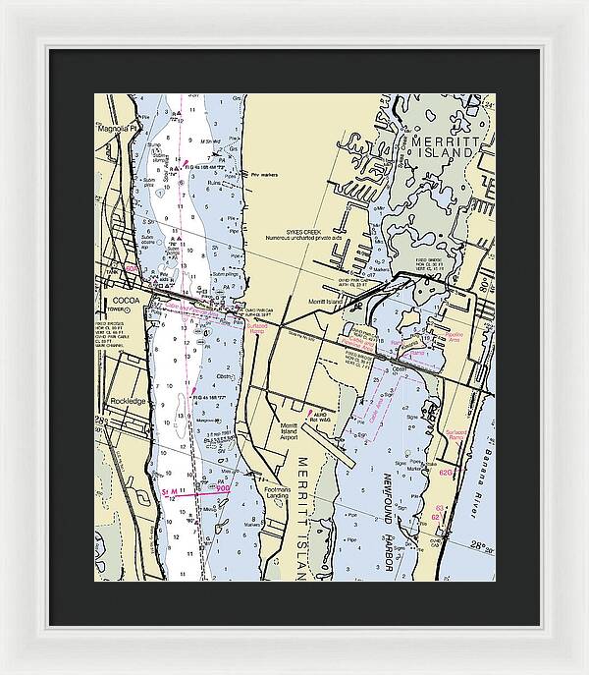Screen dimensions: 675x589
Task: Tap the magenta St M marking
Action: [x=169, y=488]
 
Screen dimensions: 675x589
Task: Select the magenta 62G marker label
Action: [x=447, y=473]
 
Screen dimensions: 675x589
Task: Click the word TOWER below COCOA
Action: [x=121, y=309]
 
